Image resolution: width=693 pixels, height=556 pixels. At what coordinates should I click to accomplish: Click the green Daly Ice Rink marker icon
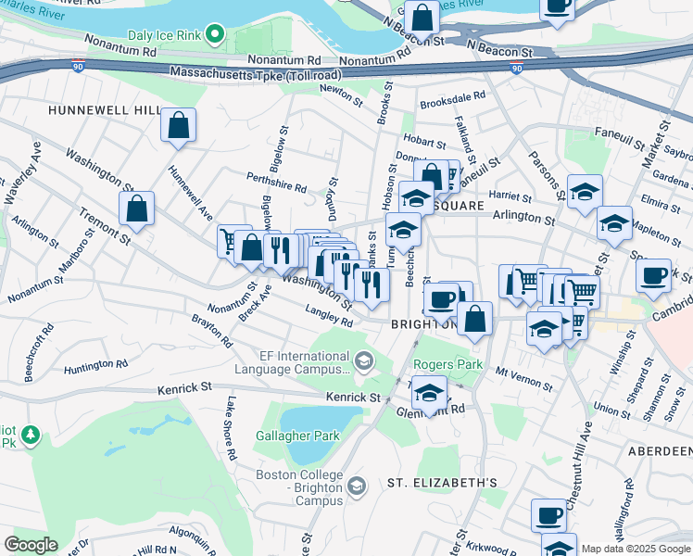216,35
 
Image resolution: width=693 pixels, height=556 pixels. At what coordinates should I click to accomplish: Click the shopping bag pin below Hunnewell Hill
177,127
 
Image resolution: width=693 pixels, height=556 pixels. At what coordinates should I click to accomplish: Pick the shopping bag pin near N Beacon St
422,19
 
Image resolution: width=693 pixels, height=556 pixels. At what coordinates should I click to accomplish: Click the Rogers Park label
447,365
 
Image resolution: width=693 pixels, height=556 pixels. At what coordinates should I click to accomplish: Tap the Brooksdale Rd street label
452,95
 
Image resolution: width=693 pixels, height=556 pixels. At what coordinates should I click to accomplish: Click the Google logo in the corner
31,545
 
